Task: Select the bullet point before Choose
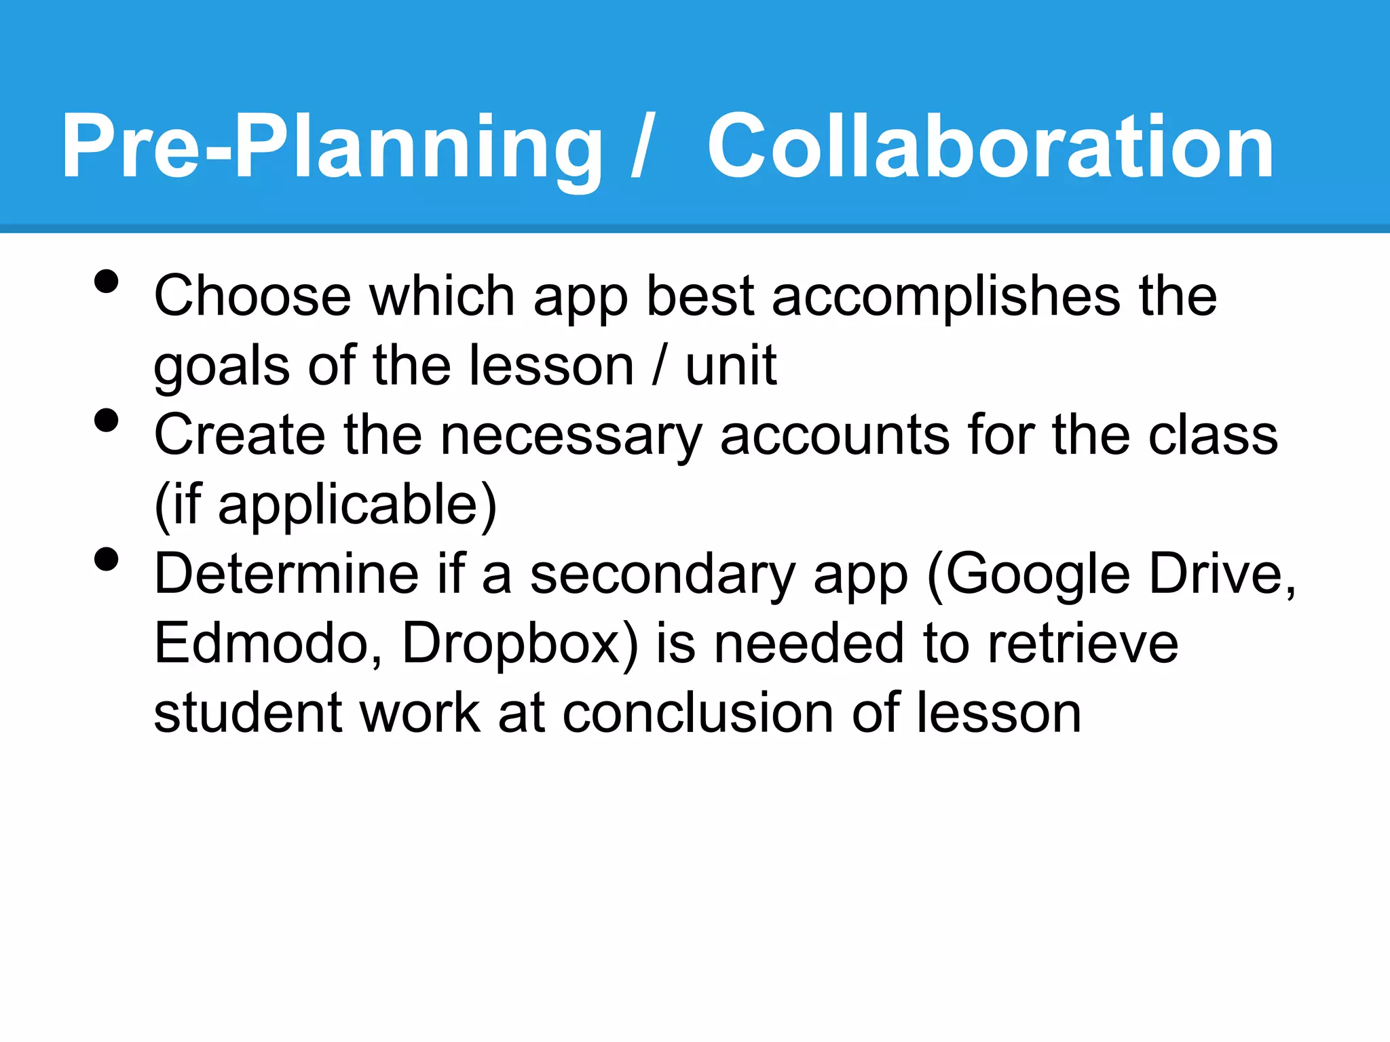[107, 282]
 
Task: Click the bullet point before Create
[107, 421]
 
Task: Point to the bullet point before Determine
[107, 560]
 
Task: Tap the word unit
[731, 366]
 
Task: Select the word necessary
[570, 436]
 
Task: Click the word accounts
[835, 436]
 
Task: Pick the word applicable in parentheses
[347, 505]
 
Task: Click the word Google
[1038, 575]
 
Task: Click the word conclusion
[698, 714]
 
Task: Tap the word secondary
[662, 575]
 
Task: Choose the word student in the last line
[248, 714]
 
